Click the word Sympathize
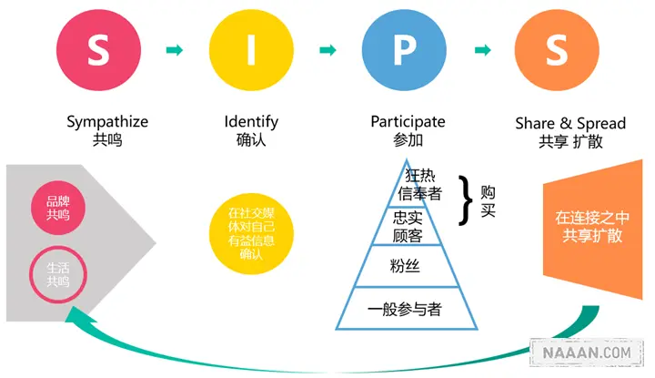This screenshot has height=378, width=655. [107, 121]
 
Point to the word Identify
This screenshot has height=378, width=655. [251, 121]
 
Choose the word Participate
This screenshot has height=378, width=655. [408, 121]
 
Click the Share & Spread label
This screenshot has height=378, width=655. [558, 122]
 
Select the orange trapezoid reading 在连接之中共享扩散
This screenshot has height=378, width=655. [589, 227]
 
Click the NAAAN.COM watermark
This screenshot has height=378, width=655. [588, 352]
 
